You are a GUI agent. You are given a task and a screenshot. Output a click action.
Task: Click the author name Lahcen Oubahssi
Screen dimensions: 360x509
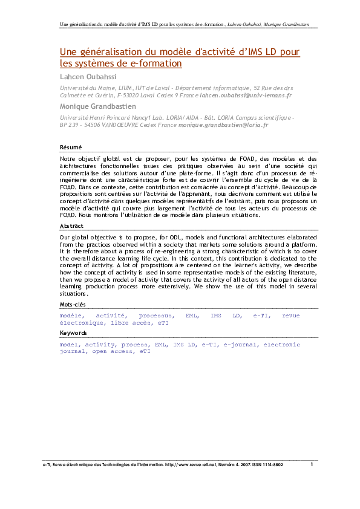point(88,77)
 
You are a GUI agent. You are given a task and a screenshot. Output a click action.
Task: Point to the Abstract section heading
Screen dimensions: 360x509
point(71,225)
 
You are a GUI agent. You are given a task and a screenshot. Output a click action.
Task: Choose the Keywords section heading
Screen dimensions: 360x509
point(73,332)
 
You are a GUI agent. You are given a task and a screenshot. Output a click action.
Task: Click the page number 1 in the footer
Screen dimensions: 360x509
point(312,464)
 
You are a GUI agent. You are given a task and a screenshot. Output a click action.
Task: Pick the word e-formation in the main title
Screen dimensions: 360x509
point(155,63)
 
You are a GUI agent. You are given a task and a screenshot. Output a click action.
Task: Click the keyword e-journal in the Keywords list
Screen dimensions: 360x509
point(240,344)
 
